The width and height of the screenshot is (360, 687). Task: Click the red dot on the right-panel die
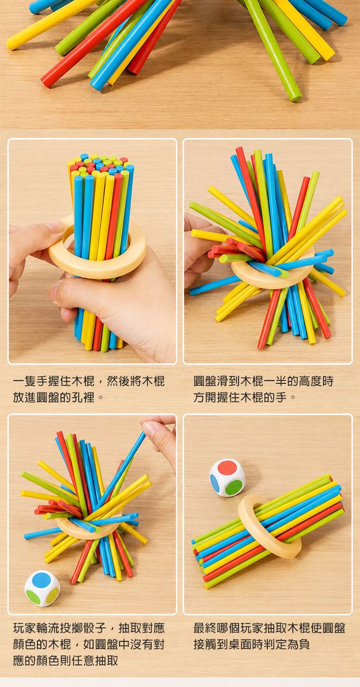click(x=227, y=468)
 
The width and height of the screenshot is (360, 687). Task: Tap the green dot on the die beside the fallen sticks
click(x=235, y=487)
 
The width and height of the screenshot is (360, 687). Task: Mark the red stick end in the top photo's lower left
click(x=46, y=83)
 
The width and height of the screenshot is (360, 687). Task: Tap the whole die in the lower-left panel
click(x=42, y=588)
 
